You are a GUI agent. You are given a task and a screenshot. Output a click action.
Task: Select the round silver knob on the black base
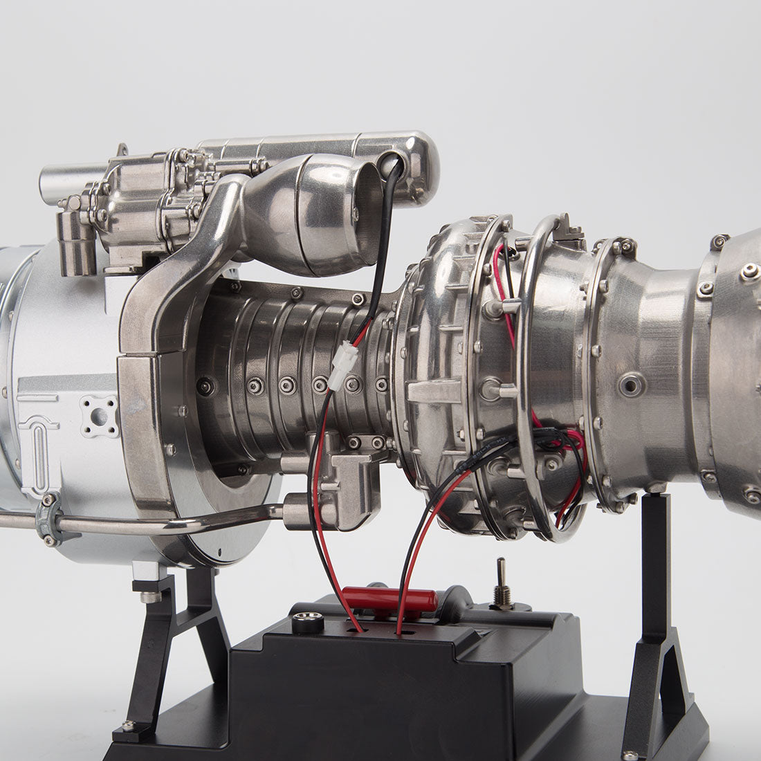pyautogui.click(x=308, y=622)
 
